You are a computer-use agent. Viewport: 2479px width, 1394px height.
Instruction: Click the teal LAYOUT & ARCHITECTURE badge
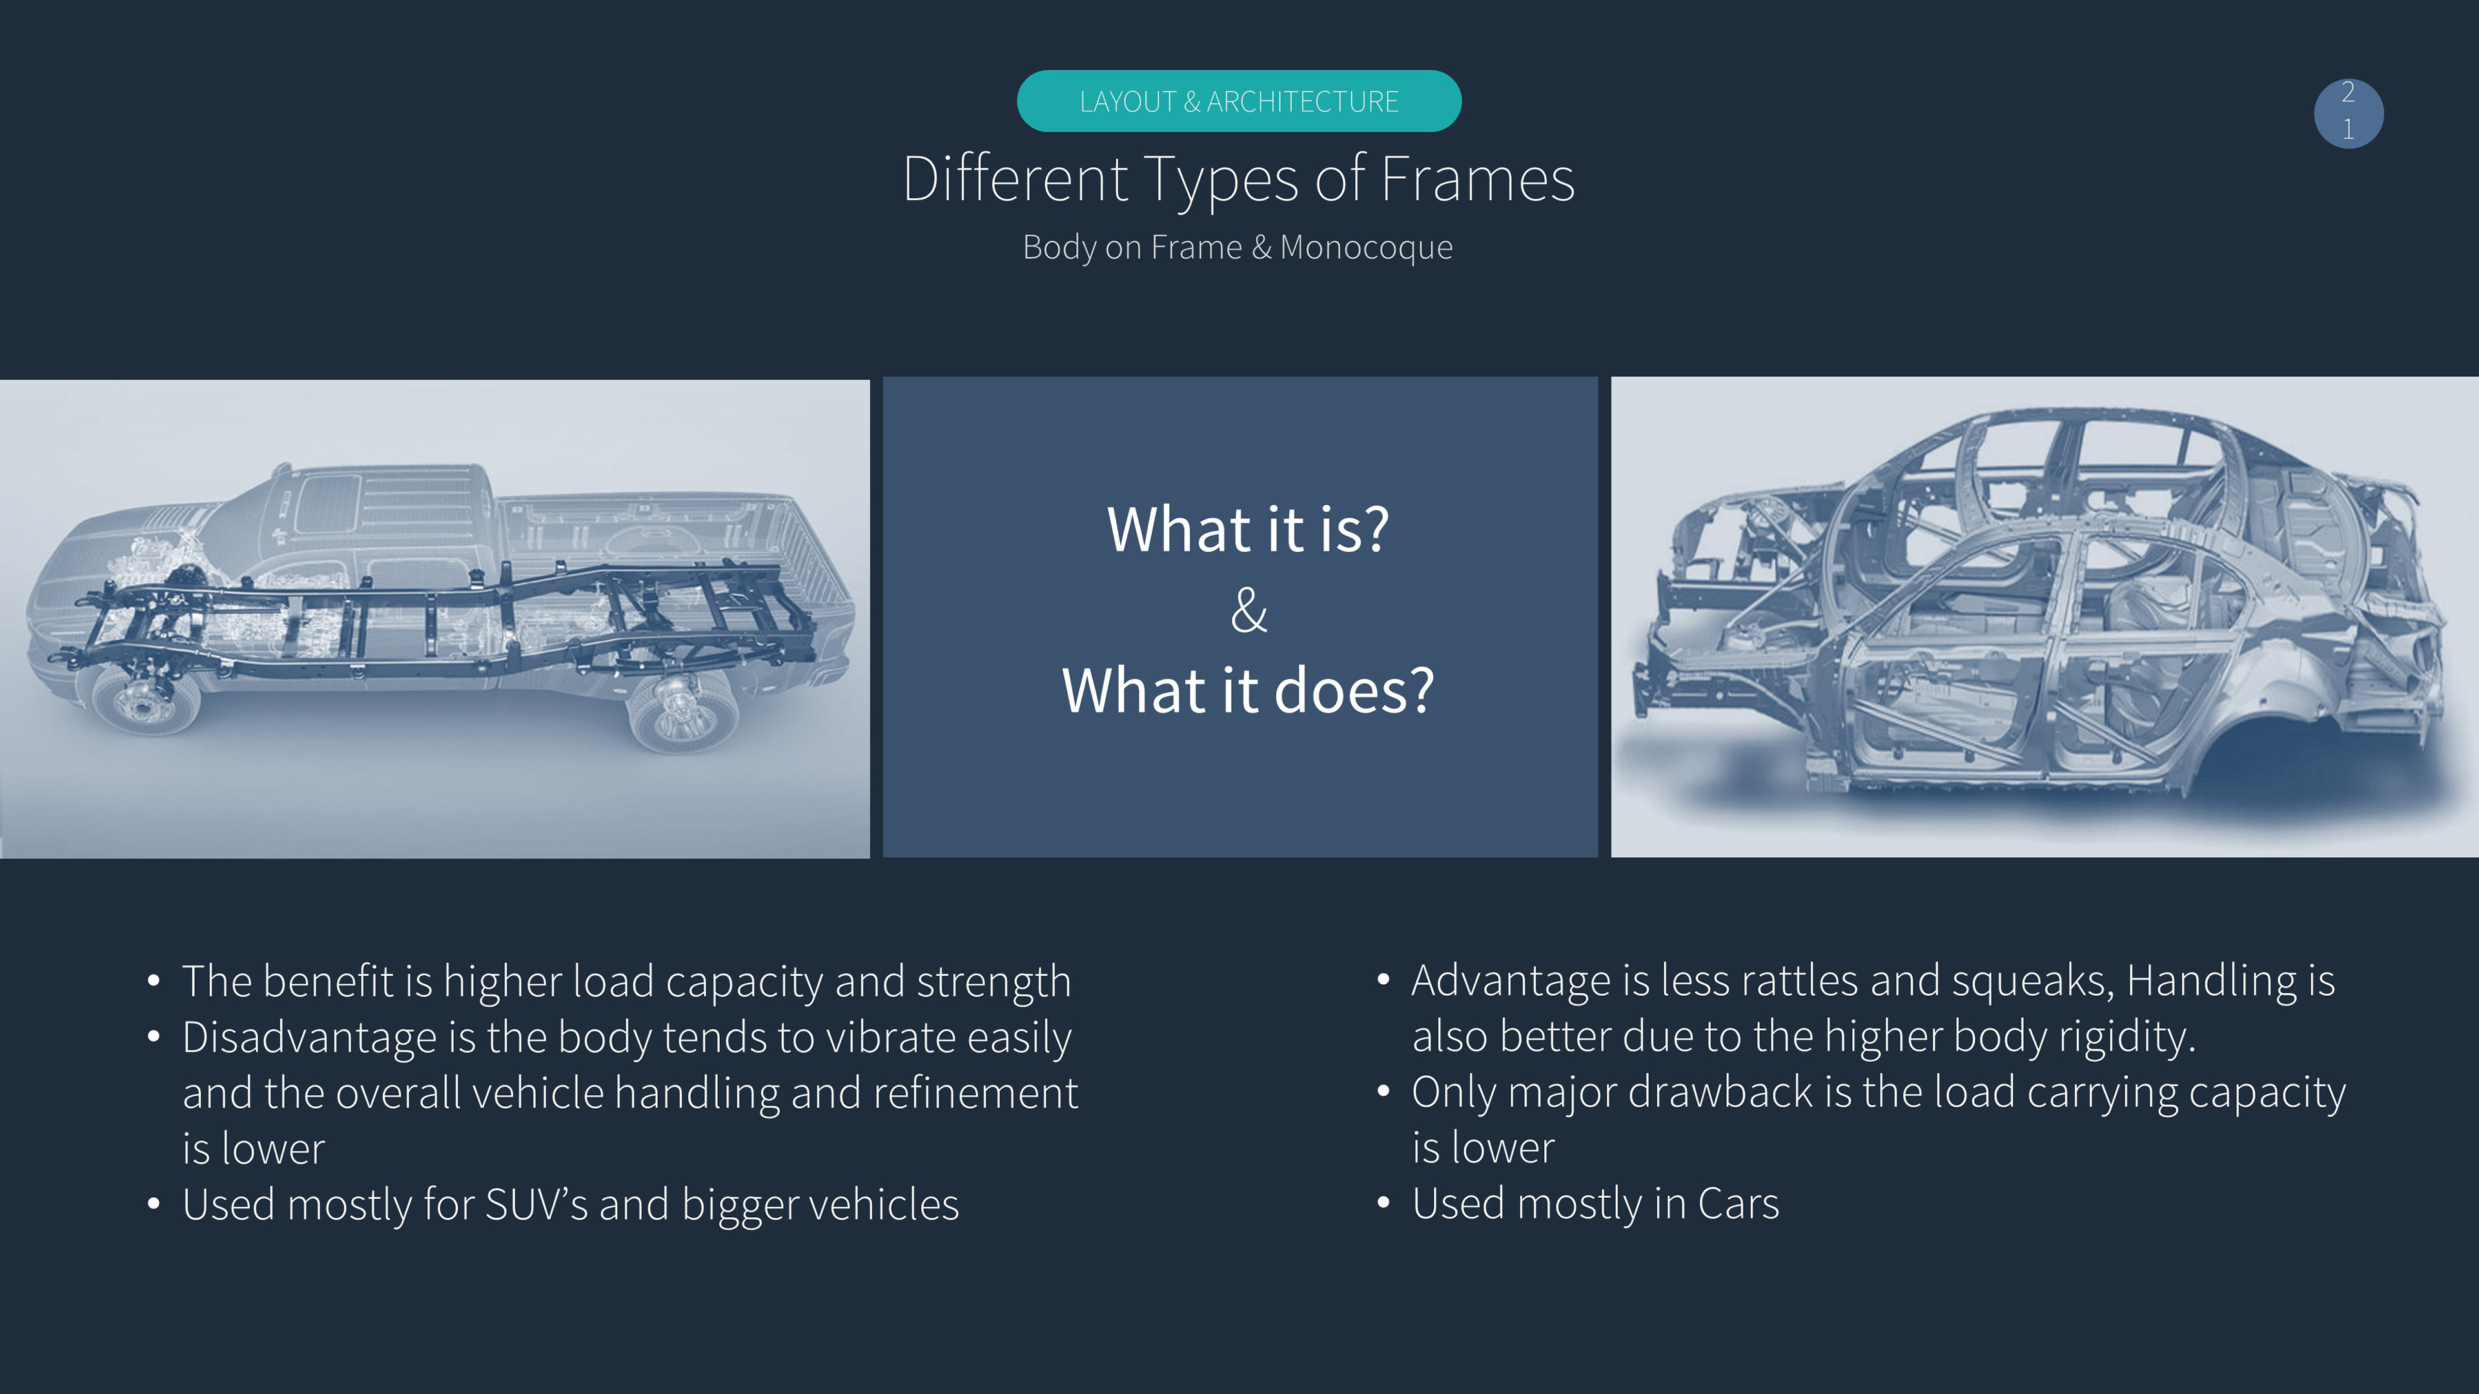(x=1239, y=101)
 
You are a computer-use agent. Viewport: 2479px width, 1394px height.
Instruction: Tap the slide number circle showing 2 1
(x=2348, y=114)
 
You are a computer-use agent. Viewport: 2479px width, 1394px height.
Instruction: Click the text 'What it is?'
(x=1248, y=529)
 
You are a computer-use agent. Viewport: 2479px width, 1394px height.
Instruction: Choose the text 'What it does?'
(x=1248, y=690)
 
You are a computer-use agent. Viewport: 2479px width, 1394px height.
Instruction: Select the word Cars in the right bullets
(x=1738, y=1204)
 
